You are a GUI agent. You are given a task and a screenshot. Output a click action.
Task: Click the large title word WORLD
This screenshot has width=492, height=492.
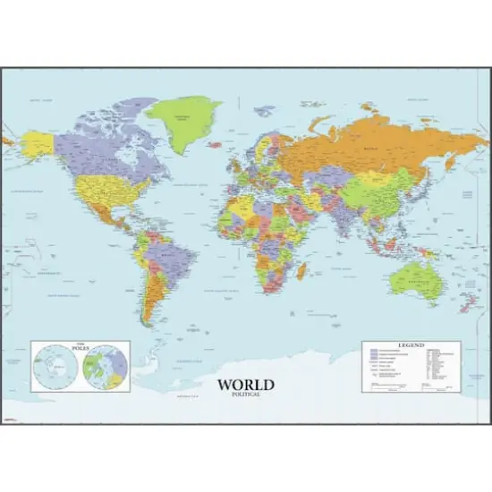(x=245, y=386)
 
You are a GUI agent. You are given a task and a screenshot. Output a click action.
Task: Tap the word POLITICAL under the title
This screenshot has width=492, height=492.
(x=245, y=394)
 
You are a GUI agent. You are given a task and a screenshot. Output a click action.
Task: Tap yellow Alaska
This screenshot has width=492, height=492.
(x=37, y=143)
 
